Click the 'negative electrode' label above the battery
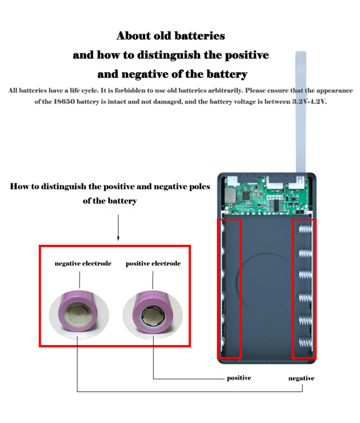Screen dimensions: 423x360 pos(83,264)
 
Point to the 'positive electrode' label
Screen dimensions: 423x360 pos(153,264)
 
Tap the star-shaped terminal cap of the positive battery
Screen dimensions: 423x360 pos(153,316)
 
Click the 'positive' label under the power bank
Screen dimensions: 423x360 pos(239,378)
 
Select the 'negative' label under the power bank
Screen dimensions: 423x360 pos(301,378)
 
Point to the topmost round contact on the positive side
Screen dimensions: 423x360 pos(223,228)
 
